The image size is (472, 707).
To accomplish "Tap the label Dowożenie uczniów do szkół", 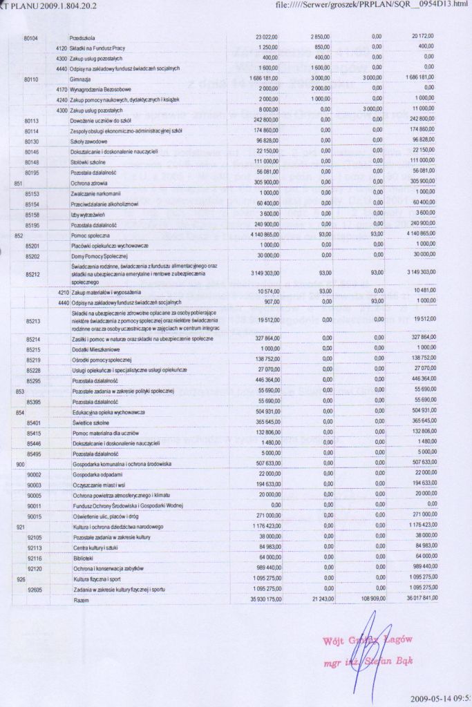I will coord(99,120).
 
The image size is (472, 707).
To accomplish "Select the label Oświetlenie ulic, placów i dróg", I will coord(105,516).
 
